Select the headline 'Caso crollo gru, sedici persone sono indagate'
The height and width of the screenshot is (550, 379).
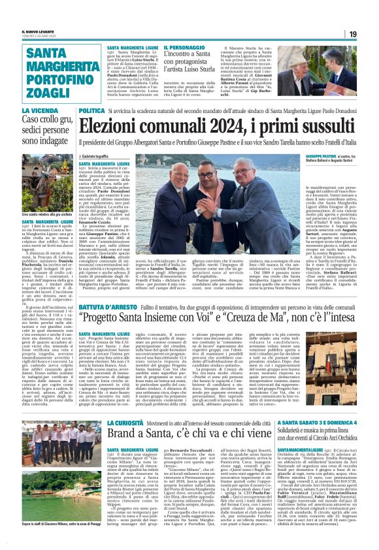50,131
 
